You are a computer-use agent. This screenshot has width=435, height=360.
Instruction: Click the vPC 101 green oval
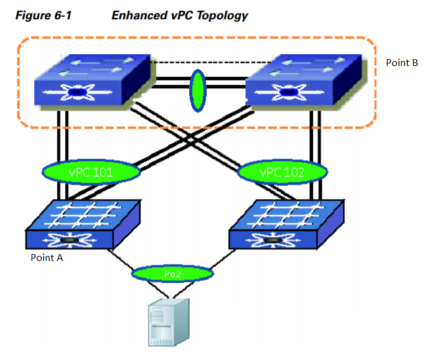click(91, 171)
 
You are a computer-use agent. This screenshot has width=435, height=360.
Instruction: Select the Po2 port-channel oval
click(172, 273)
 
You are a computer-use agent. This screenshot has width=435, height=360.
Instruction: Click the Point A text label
click(47, 257)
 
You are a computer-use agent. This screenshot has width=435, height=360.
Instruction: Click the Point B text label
click(401, 64)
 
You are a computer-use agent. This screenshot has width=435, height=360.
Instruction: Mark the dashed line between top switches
click(199, 62)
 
